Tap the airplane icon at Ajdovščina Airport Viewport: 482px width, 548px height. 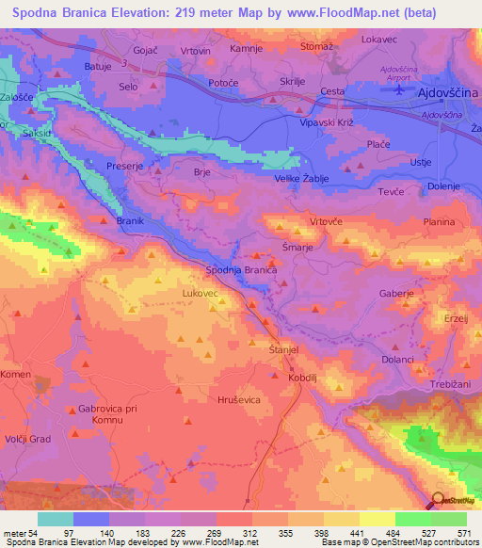pos(400,89)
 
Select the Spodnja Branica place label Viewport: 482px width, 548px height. pos(241,270)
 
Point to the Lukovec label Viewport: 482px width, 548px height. pos(200,294)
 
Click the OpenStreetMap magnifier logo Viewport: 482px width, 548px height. pos(438,499)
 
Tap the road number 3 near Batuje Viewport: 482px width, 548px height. pos(123,63)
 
